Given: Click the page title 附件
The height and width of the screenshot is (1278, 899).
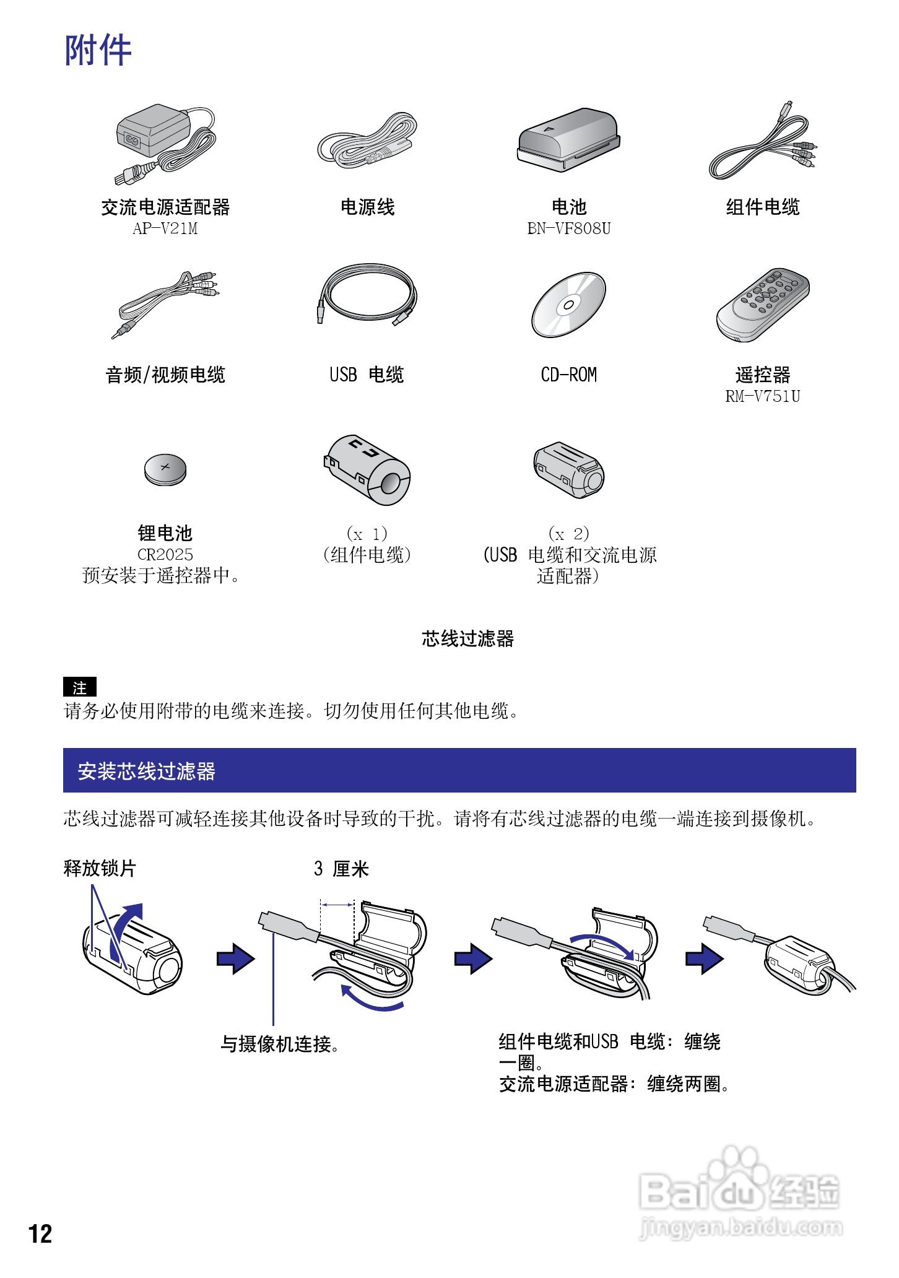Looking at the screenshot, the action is click(x=98, y=51).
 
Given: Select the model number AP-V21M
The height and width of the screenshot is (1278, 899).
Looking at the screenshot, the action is click(x=165, y=228).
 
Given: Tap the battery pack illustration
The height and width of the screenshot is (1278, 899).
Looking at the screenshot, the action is click(x=568, y=140).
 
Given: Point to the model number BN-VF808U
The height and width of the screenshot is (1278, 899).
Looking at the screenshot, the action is click(x=568, y=228).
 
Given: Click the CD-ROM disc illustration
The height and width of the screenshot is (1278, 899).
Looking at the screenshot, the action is click(x=568, y=305).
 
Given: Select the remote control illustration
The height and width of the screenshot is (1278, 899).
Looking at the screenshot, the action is click(x=763, y=305).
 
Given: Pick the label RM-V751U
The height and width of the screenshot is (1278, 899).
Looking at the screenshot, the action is click(x=763, y=396).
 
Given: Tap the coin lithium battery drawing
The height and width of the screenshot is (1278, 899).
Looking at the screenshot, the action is click(x=165, y=469).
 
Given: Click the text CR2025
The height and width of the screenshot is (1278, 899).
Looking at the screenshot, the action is click(x=165, y=554).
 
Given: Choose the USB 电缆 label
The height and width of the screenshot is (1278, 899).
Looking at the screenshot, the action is click(x=367, y=375).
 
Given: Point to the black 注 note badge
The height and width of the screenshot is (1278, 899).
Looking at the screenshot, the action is click(x=80, y=687).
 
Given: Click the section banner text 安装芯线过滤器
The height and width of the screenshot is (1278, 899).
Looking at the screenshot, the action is click(x=146, y=771).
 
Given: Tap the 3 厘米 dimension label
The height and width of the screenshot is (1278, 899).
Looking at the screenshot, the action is click(x=341, y=869).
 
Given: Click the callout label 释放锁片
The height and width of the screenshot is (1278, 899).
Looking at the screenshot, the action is click(x=100, y=868).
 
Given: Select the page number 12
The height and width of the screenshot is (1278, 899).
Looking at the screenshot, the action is click(x=40, y=1233).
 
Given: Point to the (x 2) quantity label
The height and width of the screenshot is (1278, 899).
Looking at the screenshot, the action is click(x=568, y=533).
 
